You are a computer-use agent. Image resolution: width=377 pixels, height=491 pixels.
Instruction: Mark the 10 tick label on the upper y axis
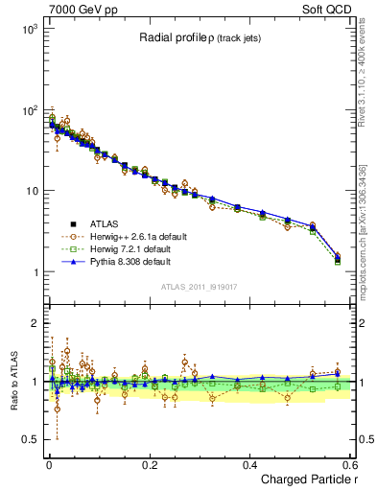tap(30, 191)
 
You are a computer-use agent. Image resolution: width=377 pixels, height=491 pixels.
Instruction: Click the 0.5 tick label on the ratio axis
tap(30, 439)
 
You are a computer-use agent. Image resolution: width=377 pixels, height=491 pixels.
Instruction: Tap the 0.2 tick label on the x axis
tap(149, 464)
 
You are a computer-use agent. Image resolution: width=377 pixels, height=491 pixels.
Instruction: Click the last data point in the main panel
tap(337, 258)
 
